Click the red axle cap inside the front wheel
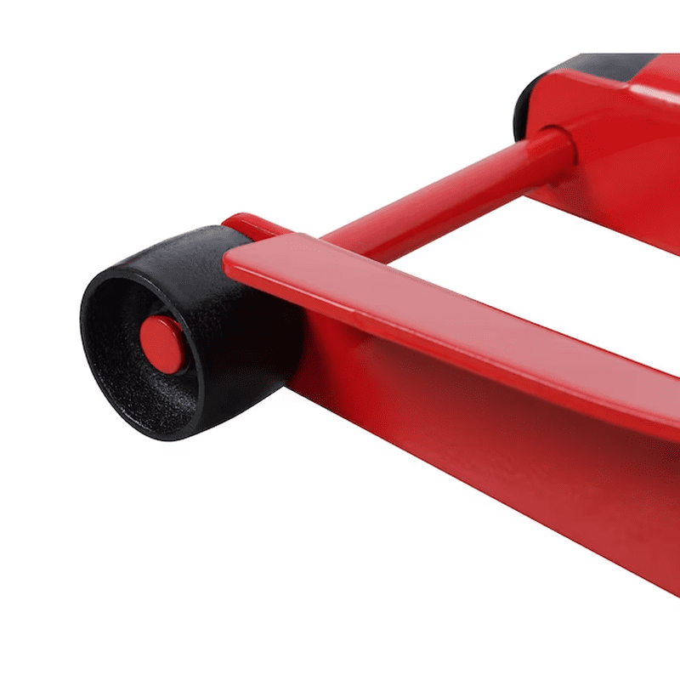click(x=161, y=340)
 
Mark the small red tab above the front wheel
click(x=246, y=223)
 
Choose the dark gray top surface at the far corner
click(x=612, y=64)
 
